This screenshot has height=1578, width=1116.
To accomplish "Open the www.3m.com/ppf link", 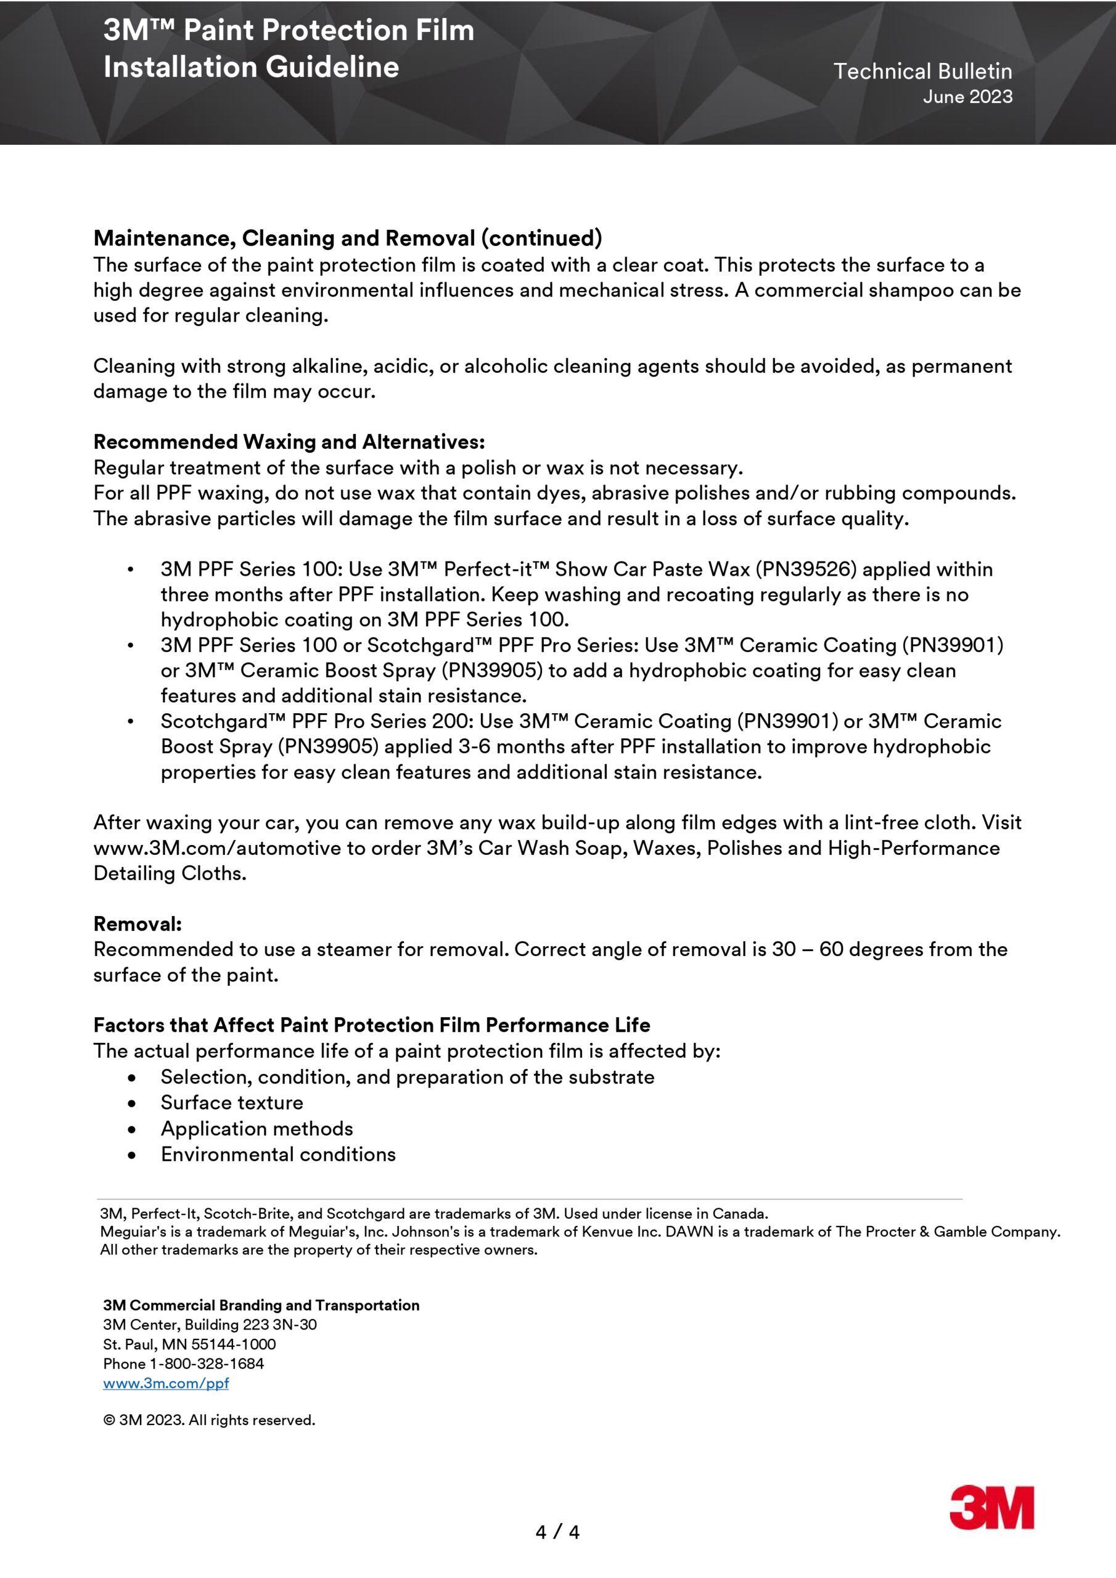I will click(x=166, y=1383).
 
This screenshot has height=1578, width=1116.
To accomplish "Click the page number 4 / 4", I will click(x=557, y=1532).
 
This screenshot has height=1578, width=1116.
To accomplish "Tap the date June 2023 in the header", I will click(x=967, y=97).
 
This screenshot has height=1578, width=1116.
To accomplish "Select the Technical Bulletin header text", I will click(x=922, y=72).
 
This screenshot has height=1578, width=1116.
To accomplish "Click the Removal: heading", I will click(x=137, y=924).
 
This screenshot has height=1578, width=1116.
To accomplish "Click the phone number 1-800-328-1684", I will click(x=207, y=1363).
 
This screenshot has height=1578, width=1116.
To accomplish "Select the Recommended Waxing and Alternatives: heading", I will click(x=289, y=441).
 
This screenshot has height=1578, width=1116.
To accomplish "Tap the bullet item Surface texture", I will click(x=232, y=1102).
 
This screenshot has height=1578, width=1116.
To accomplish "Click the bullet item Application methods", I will click(x=256, y=1129).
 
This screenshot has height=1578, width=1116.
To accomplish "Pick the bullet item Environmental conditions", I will click(x=278, y=1154).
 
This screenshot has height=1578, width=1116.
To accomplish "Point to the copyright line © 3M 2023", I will click(x=209, y=1420).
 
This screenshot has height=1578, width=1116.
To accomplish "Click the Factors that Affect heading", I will click(x=371, y=1024).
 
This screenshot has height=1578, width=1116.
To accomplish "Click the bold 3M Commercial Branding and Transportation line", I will click(x=261, y=1305).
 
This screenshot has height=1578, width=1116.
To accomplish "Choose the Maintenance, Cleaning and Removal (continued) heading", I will click(x=347, y=238).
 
